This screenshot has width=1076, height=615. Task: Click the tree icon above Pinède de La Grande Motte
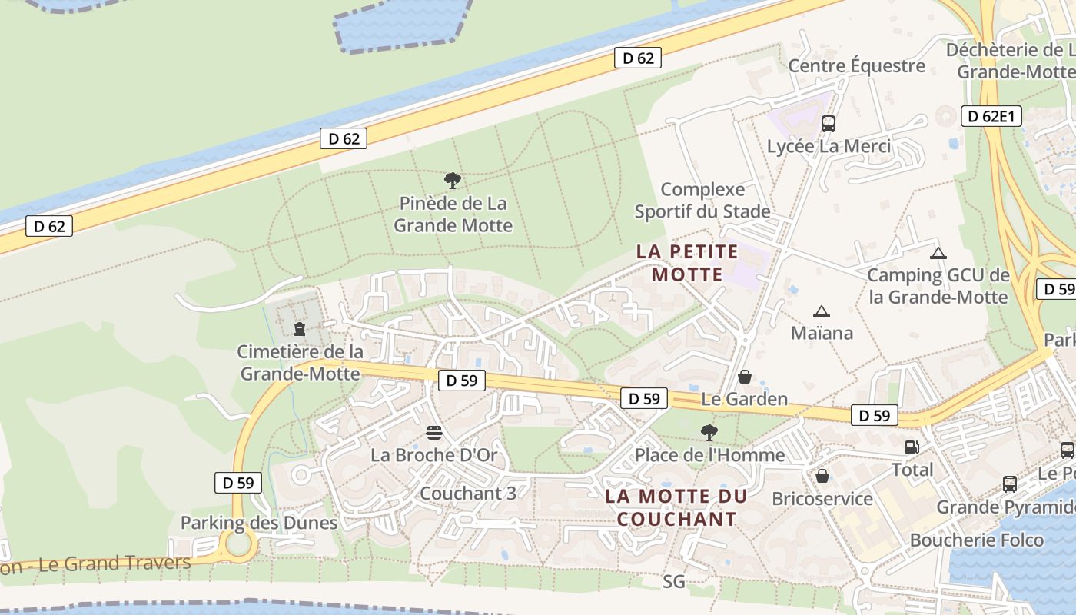pyautogui.click(x=453, y=181)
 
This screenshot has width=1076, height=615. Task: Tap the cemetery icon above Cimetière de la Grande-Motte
pyautogui.click(x=300, y=329)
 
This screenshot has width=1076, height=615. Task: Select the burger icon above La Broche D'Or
pyautogui.click(x=434, y=433)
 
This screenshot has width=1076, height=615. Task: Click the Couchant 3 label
pyautogui.click(x=468, y=493)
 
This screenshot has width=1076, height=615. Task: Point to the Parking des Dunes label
pyautogui.click(x=259, y=523)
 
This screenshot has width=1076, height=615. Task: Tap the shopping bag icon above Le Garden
pyautogui.click(x=744, y=377)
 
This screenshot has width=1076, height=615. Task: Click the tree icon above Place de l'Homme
pyautogui.click(x=709, y=433)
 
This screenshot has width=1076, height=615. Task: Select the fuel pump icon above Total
pyautogui.click(x=912, y=447)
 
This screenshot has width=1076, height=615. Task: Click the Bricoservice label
pyautogui.click(x=822, y=498)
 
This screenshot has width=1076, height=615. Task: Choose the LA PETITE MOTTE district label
pyautogui.click(x=687, y=263)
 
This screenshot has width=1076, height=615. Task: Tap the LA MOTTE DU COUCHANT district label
pyautogui.click(x=676, y=507)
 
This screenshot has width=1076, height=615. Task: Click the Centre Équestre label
pyautogui.click(x=857, y=65)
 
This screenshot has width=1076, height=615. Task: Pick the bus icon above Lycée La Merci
pyautogui.click(x=829, y=123)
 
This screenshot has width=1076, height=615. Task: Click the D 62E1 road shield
pyautogui.click(x=991, y=116)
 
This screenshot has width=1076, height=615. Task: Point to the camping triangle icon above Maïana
pyautogui.click(x=822, y=311)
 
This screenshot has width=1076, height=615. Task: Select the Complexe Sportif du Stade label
pyautogui.click(x=702, y=200)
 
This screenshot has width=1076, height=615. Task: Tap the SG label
pyautogui.click(x=673, y=582)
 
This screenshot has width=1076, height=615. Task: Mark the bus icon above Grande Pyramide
pyautogui.click(x=1010, y=484)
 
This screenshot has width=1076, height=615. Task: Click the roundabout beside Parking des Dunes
pyautogui.click(x=239, y=544)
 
